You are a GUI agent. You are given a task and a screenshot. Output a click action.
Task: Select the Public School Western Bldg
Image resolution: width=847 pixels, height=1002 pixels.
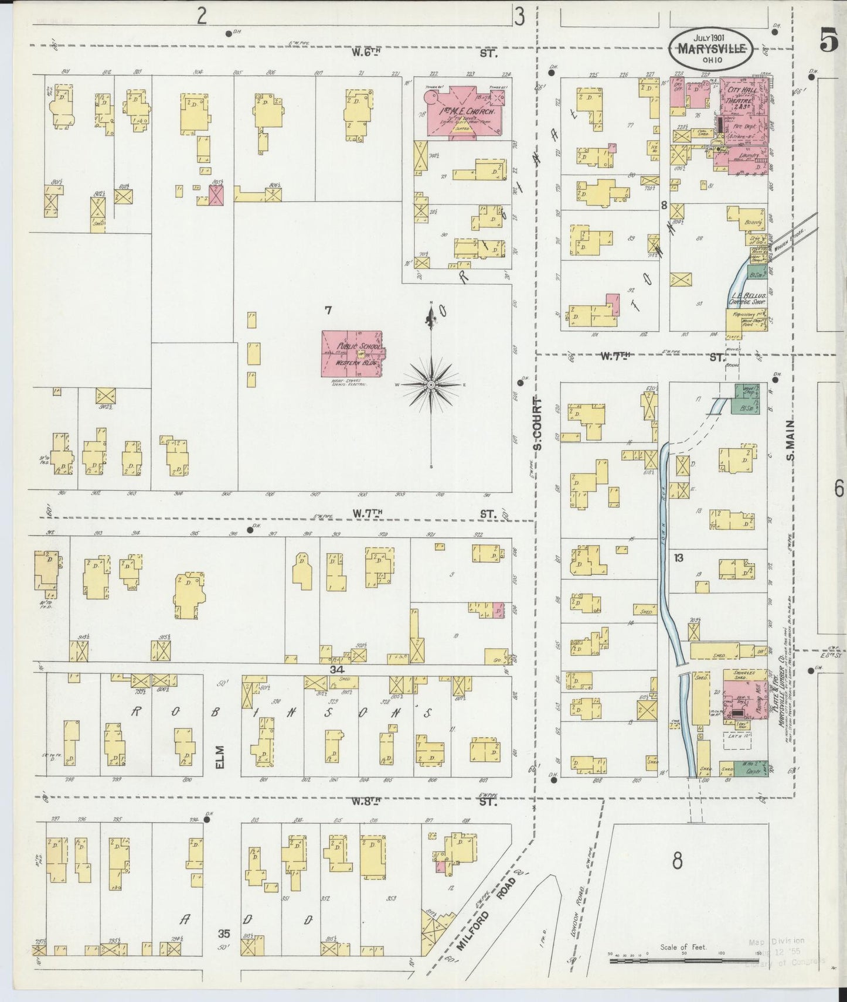[x=351, y=354]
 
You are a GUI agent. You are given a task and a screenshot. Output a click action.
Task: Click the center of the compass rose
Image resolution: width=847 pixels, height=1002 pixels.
[x=431, y=384]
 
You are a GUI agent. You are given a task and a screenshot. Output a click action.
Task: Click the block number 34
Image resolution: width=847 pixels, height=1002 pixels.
[x=336, y=669]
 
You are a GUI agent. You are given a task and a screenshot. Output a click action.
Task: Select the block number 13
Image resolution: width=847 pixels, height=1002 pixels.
[x=679, y=558]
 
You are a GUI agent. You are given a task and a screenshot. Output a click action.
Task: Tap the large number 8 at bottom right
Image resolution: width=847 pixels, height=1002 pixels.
[x=678, y=861]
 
